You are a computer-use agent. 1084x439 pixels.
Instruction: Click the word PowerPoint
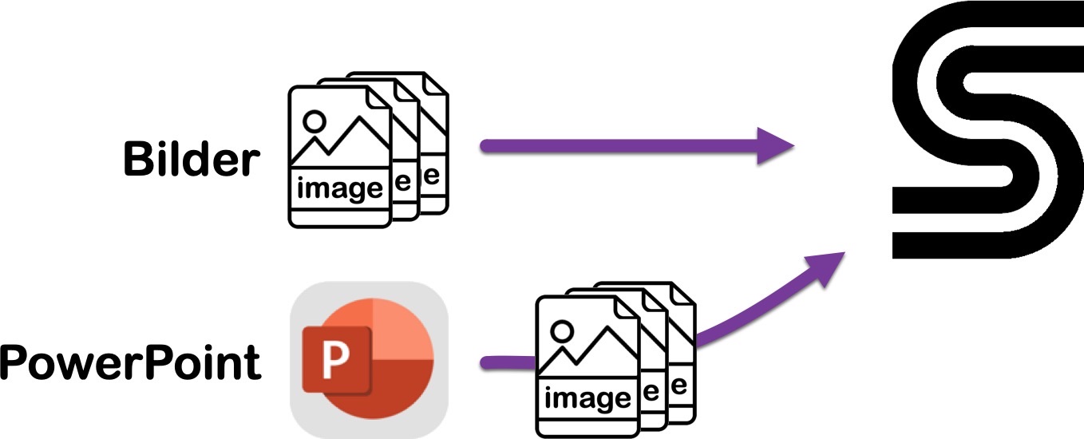pyautogui.click(x=131, y=362)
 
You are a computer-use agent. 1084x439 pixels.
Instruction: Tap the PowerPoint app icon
pyautogui.click(x=369, y=360)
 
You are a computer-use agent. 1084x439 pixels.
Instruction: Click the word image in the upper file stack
pyautogui.click(x=340, y=188)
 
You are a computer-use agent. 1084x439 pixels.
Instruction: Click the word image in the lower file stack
pyautogui.click(x=588, y=399)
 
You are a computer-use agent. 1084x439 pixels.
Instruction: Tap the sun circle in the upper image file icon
pyautogui.click(x=314, y=121)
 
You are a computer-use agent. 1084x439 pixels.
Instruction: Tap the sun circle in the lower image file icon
pyautogui.click(x=562, y=331)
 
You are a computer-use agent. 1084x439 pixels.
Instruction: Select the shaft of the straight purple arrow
pyautogui.click(x=619, y=146)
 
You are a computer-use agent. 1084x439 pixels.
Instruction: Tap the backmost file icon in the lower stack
pyautogui.click(x=682, y=354)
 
